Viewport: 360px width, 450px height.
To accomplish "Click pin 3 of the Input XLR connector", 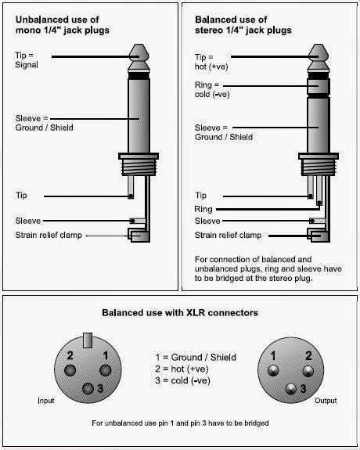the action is (88, 389).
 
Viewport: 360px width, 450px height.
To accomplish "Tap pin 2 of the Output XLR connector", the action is (308, 371).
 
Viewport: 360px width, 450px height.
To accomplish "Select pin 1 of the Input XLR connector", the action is (106, 370).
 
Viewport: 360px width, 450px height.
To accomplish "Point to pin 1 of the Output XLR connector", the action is (273, 370).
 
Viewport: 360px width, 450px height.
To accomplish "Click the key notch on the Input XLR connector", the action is (88, 340).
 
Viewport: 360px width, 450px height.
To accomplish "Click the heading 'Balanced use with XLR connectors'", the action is (180, 312).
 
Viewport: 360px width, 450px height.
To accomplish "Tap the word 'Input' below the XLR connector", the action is (46, 401).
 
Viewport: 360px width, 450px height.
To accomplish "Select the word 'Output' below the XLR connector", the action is (326, 401).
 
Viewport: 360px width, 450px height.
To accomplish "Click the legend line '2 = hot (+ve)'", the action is (182, 369).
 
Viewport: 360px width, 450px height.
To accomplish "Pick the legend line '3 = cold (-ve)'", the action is (182, 380).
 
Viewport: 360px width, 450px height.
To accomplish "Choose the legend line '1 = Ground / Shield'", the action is (196, 358).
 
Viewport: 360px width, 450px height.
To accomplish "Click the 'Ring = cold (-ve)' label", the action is (212, 89).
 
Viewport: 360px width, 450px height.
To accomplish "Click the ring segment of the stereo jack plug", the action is (319, 86).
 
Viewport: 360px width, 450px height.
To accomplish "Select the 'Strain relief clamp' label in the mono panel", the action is (49, 235).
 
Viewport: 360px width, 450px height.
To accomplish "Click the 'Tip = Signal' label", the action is (26, 59).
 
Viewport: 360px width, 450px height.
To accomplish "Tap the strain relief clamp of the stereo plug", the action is (318, 235).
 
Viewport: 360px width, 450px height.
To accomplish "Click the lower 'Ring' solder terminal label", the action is (203, 209).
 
